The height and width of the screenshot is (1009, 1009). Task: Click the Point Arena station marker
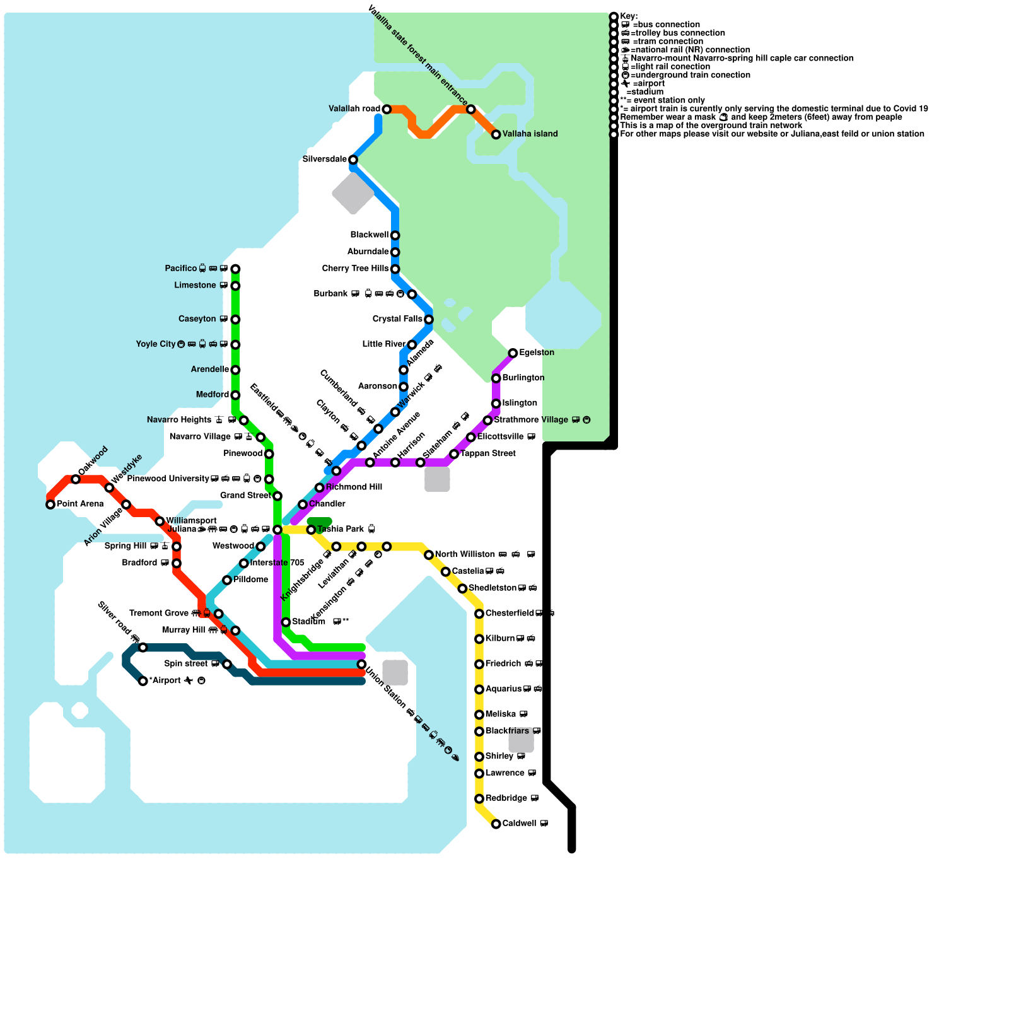coord(50,504)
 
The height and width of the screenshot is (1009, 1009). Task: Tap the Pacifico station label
coord(181,269)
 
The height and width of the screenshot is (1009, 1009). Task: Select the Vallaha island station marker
coord(496,134)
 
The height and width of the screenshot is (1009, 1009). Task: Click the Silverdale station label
coord(324,160)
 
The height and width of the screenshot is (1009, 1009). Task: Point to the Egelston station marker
coord(513,353)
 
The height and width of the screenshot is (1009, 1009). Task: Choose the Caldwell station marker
coord(496,824)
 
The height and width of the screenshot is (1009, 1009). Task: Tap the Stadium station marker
coord(286,622)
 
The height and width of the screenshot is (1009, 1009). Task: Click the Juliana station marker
coord(277,530)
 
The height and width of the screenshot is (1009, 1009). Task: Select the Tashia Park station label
coord(341,529)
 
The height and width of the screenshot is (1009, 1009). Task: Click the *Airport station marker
coord(143,681)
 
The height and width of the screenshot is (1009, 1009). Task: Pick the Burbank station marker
coord(412,295)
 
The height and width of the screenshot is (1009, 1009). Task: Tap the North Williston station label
coord(465,554)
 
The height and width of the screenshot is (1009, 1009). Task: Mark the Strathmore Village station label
coord(531,420)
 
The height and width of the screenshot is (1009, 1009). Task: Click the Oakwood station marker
coord(76,479)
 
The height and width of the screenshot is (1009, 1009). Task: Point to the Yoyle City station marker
coord(235,345)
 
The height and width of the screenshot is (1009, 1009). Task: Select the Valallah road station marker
coord(387,110)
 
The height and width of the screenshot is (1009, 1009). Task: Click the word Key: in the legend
coord(629,16)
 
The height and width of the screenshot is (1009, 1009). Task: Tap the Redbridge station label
coord(506,798)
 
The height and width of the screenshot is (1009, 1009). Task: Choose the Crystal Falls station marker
coord(429,320)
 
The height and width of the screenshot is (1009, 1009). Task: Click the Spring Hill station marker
coord(177,547)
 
